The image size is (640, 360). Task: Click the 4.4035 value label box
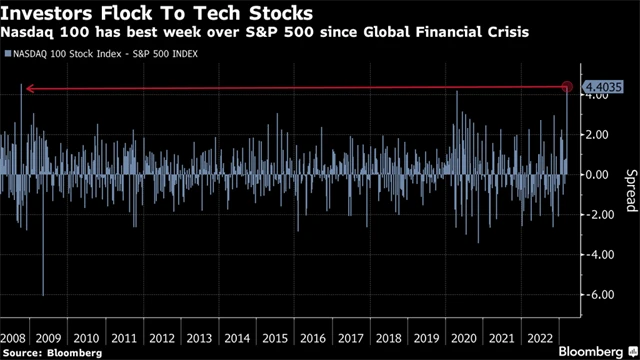pyautogui.click(x=599, y=88)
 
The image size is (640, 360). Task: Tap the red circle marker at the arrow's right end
pyautogui.click(x=568, y=89)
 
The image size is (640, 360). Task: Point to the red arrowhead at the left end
pyautogui.click(x=28, y=89)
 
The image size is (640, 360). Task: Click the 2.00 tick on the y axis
pyautogui.click(x=597, y=135)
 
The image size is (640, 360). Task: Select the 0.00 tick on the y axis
pyautogui.click(x=597, y=175)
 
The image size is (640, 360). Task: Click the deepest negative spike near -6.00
pyautogui.click(x=43, y=290)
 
